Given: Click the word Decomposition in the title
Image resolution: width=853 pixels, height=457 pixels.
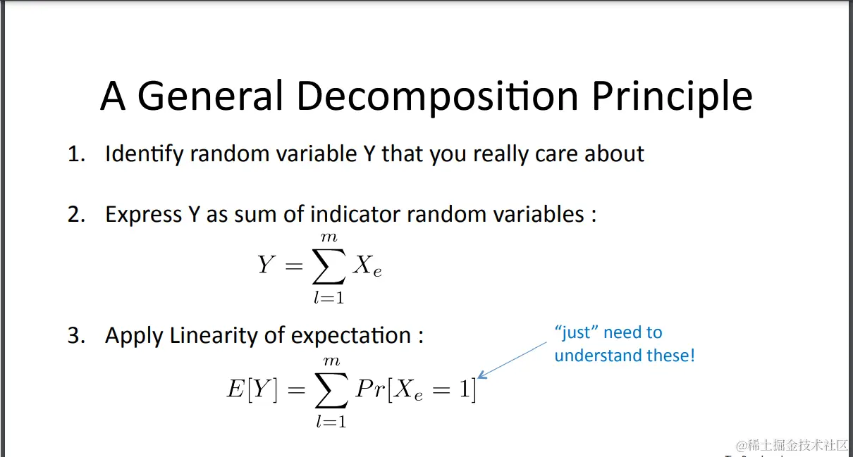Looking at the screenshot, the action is click(437, 96).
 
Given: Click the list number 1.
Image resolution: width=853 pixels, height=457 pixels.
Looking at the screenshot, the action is click(76, 154).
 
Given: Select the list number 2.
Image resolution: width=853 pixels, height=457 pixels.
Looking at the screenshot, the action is click(76, 214).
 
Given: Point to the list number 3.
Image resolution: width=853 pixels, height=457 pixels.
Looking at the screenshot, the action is click(76, 336).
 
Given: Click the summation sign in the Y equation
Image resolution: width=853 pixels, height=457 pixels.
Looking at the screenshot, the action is click(329, 266).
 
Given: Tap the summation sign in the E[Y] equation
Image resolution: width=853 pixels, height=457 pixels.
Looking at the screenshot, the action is click(331, 389).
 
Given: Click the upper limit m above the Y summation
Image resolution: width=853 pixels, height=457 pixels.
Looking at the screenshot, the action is click(329, 237).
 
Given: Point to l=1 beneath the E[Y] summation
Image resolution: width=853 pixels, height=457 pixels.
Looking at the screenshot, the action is click(331, 421).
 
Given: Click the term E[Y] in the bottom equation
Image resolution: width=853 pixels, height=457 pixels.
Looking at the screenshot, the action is click(252, 389).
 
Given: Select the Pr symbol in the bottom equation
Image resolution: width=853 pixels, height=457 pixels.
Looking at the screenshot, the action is click(370, 389).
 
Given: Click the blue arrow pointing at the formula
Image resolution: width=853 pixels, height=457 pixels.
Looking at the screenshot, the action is click(512, 360).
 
